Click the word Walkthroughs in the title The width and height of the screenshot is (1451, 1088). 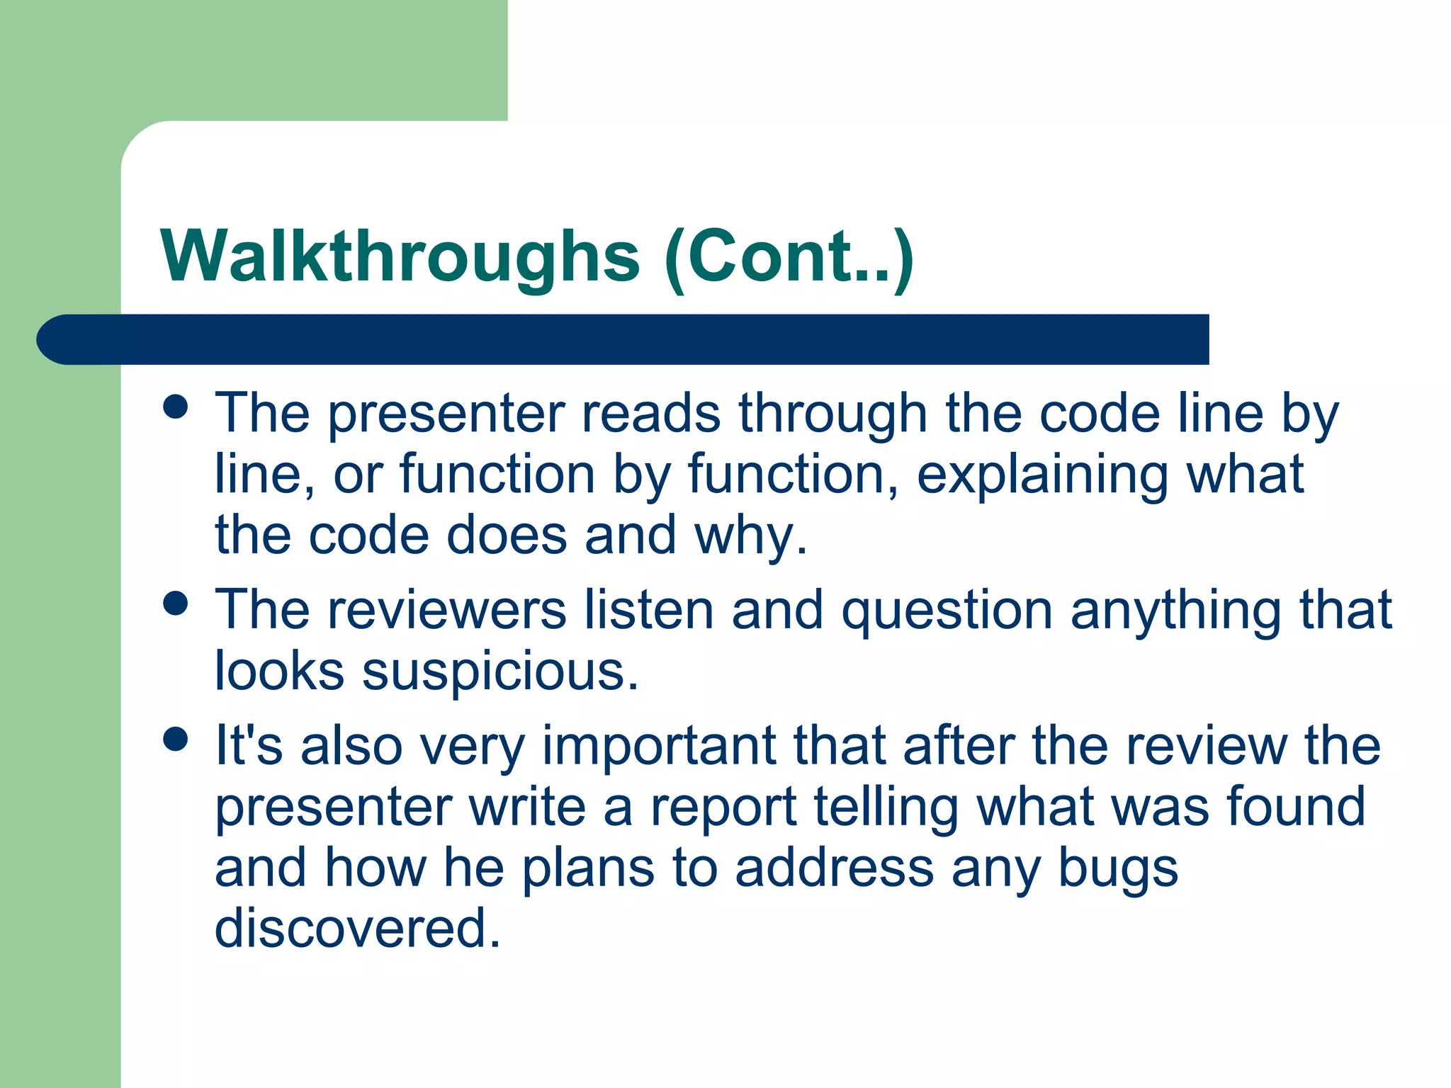(400, 256)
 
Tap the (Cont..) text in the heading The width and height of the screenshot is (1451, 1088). (789, 256)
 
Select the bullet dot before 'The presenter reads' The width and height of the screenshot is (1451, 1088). (175, 407)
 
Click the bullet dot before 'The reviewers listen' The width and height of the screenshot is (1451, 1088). (175, 603)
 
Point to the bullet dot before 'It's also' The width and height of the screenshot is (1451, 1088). (175, 739)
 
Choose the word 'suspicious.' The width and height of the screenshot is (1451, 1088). (500, 671)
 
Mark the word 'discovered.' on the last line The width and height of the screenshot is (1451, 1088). (358, 929)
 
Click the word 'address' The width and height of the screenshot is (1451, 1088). (834, 868)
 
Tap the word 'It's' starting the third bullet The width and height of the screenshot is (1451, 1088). (249, 745)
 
